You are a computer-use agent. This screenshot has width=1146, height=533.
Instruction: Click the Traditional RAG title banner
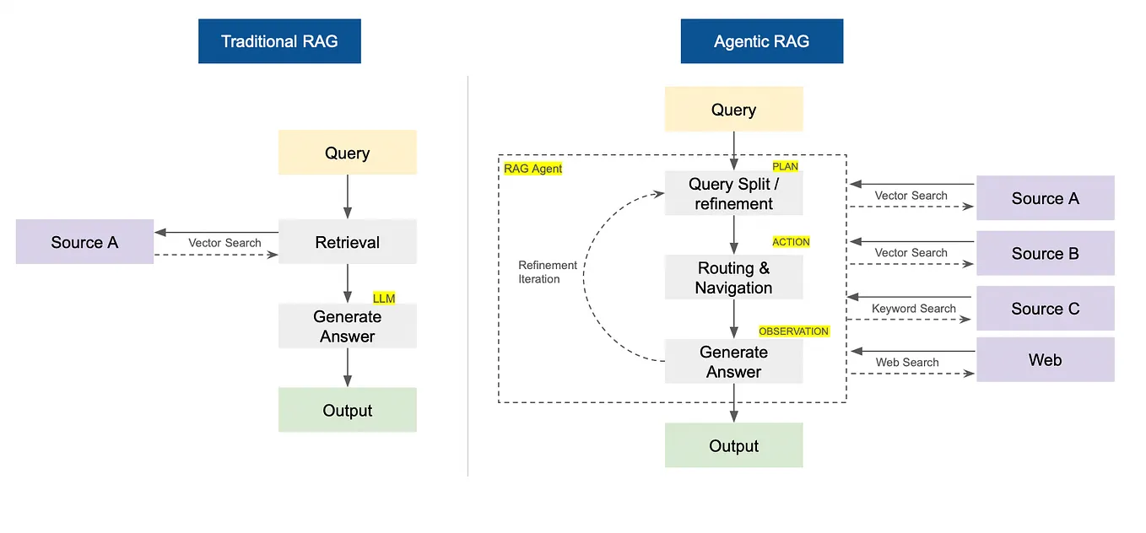tap(279, 41)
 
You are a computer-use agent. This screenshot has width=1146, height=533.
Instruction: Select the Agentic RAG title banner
tap(761, 41)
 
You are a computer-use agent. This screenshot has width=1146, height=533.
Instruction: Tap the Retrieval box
tap(347, 242)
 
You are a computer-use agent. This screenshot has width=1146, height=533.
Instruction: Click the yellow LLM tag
tap(384, 298)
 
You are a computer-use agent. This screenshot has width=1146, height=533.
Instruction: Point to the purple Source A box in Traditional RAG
tap(84, 242)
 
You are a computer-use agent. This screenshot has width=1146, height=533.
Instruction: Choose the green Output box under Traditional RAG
tap(347, 411)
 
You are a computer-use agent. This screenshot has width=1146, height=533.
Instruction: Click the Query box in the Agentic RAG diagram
tap(733, 110)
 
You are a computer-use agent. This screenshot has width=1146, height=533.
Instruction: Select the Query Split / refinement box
tap(733, 194)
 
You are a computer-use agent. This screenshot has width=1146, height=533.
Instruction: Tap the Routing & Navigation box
tap(733, 277)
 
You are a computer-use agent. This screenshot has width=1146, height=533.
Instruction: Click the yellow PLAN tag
tap(785, 167)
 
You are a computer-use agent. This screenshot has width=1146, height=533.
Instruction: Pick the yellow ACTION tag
tap(791, 242)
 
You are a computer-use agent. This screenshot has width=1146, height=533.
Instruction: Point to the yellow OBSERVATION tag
tap(793, 331)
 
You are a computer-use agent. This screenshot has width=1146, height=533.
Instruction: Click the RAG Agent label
tap(532, 169)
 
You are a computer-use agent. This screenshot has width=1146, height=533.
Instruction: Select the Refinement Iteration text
tap(547, 272)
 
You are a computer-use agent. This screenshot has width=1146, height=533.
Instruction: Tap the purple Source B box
tap(1045, 253)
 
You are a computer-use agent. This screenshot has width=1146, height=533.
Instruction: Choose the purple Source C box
tap(1045, 309)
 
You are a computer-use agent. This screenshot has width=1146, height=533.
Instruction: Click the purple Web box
tap(1045, 360)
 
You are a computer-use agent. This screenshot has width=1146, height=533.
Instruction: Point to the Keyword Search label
tap(913, 309)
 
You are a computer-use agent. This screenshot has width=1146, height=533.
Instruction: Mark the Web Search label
tap(906, 363)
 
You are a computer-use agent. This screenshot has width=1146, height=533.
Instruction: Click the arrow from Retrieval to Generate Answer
tap(347, 283)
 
